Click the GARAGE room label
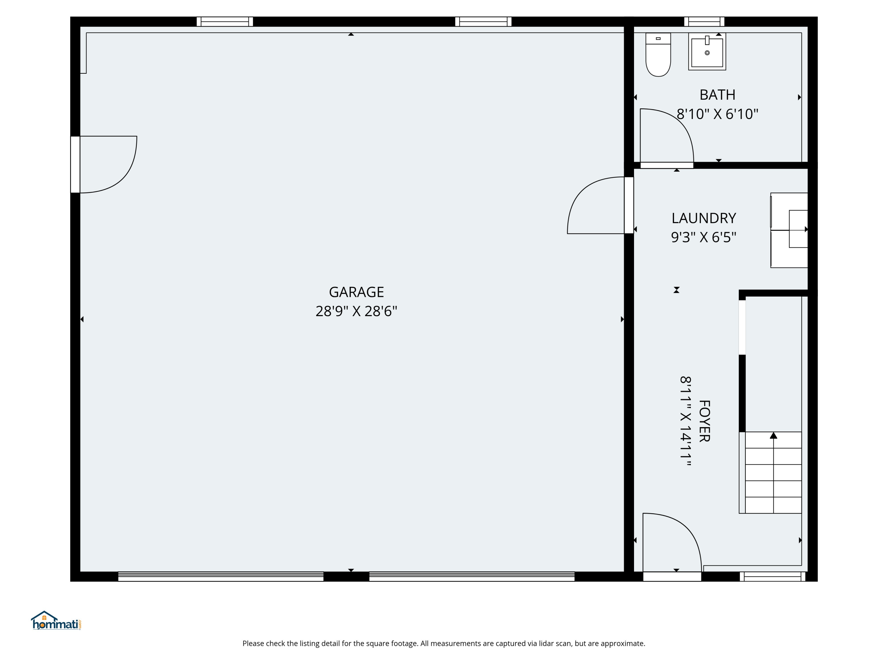click(x=356, y=292)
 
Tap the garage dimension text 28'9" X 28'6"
click(x=356, y=311)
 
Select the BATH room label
click(x=718, y=95)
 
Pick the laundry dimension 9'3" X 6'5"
click(x=704, y=238)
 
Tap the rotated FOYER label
click(x=704, y=421)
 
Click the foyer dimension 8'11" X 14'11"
click(x=686, y=421)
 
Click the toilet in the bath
click(x=658, y=54)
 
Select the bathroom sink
click(x=707, y=52)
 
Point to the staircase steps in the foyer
click(x=773, y=472)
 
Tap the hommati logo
click(x=56, y=621)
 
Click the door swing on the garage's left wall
click(x=120, y=177)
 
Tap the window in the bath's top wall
click(x=704, y=22)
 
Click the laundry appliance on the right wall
click(x=789, y=230)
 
